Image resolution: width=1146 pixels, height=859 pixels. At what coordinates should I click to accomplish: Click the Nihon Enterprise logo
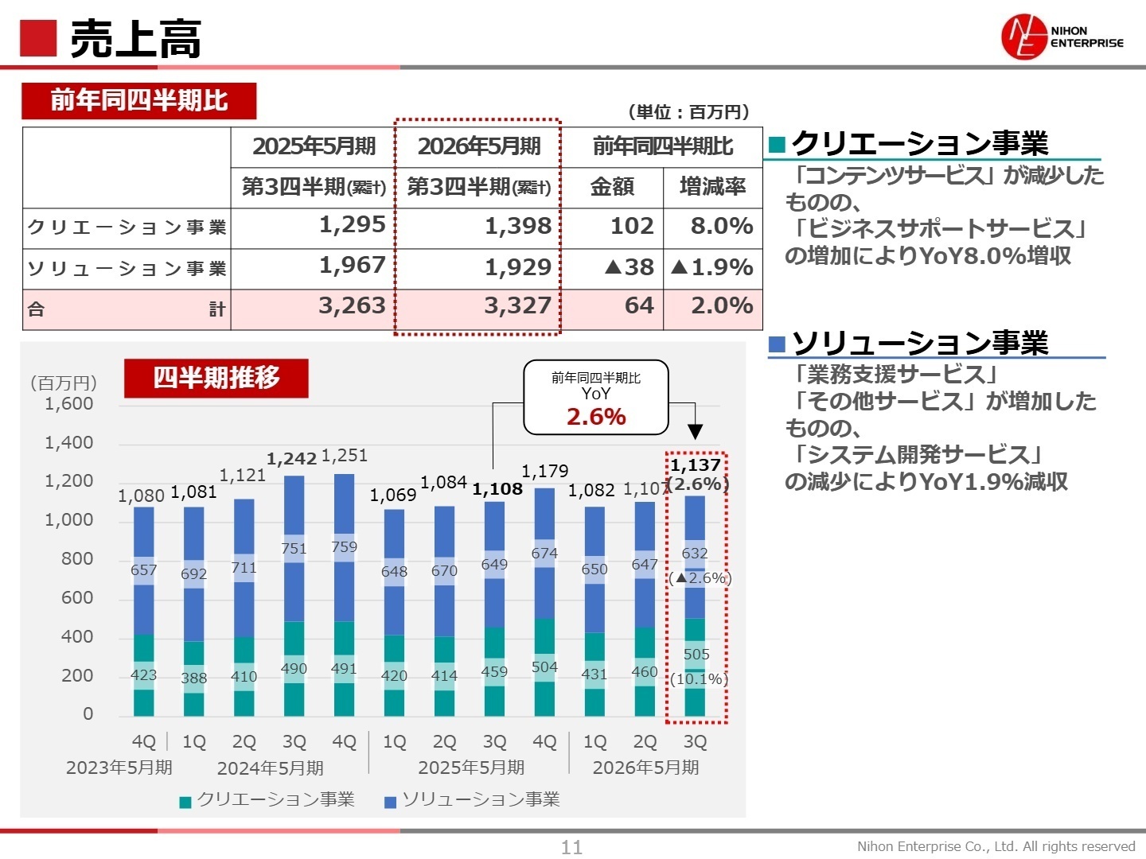tap(1062, 37)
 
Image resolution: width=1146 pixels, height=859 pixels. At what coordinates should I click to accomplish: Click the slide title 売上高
tap(135, 39)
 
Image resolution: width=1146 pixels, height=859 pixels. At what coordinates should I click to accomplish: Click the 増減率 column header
tap(712, 187)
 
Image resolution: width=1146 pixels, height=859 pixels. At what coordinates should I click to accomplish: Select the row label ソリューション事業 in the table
tap(127, 269)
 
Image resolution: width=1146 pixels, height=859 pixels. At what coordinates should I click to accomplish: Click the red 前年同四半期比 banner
tap(139, 101)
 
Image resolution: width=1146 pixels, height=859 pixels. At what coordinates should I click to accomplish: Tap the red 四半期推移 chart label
tap(216, 378)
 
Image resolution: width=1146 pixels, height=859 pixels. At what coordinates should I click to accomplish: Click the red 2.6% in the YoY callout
tap(595, 417)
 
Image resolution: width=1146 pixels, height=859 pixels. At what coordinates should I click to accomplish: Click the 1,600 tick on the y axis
tap(69, 404)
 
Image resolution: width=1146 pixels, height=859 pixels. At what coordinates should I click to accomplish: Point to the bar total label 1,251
tap(344, 456)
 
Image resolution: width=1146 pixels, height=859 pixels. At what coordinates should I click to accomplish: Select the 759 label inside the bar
tap(344, 547)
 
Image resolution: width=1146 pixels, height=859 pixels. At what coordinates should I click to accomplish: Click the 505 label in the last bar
tap(696, 655)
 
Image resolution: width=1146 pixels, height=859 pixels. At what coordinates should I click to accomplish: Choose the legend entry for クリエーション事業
tap(267, 800)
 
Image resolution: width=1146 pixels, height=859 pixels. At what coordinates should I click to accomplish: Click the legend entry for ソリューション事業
tap(473, 800)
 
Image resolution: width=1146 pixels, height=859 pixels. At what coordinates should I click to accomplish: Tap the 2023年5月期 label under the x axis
tap(119, 768)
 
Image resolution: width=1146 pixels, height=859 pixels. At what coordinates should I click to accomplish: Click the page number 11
tap(571, 847)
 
